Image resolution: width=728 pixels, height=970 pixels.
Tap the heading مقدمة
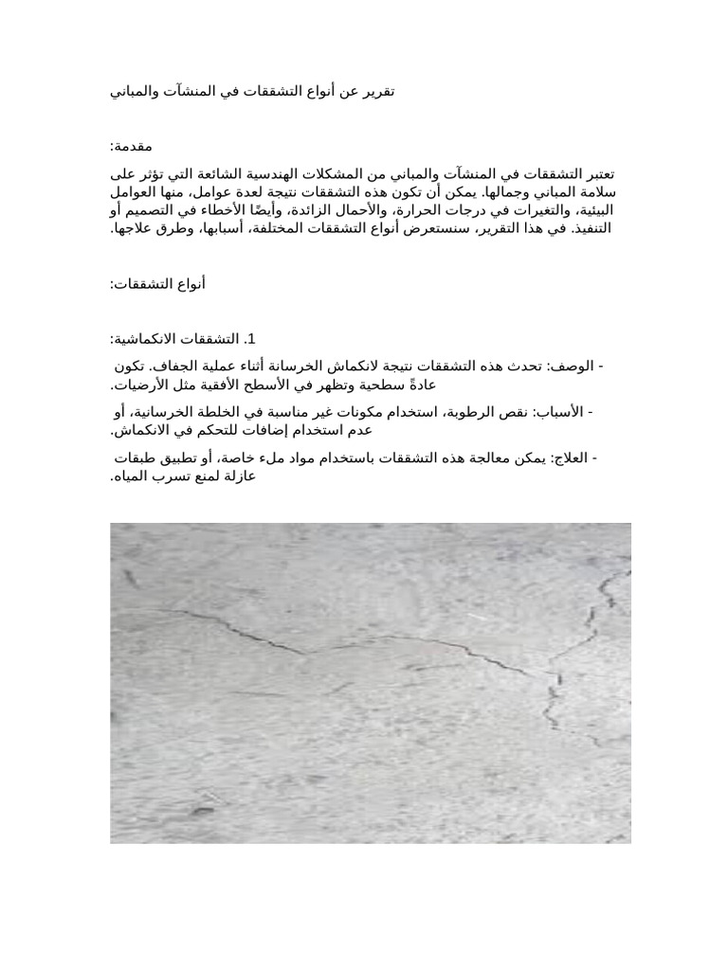pos(132,147)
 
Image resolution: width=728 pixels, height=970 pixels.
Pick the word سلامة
pos(596,192)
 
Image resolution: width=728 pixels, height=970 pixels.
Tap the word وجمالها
pos(505,192)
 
